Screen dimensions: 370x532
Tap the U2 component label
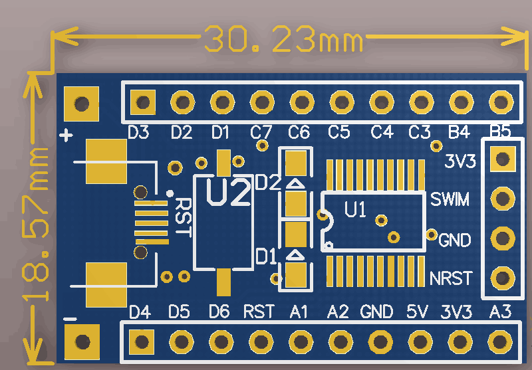(228, 192)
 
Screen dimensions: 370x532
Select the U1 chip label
(355, 211)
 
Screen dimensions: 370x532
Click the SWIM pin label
(450, 199)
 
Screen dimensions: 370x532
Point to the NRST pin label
(451, 278)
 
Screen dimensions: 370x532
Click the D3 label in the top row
(138, 132)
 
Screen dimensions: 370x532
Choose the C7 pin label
(261, 132)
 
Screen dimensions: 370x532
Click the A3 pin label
(500, 311)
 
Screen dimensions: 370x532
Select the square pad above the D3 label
(142, 102)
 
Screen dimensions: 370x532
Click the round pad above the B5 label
(499, 102)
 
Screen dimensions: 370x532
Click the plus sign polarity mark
(66, 136)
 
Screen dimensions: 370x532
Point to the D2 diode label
(267, 182)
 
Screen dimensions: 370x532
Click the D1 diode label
(267, 255)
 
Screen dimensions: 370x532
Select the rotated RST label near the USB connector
(182, 218)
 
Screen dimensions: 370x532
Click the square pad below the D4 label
(141, 341)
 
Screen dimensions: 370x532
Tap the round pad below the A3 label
(499, 341)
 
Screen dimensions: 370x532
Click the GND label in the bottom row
(378, 311)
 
